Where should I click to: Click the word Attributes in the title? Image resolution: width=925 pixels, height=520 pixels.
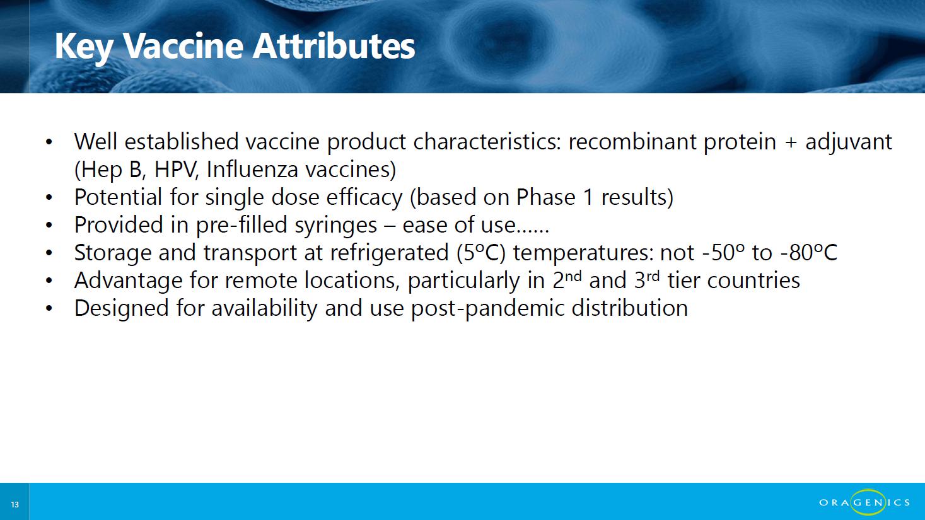334,46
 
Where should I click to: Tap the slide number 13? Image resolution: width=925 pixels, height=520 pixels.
15,504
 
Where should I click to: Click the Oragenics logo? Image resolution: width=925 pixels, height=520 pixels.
864,502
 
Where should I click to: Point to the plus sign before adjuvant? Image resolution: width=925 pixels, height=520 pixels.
791,142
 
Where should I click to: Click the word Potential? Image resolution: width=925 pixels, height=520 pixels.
118,197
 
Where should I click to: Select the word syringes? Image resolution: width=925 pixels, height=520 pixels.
335,226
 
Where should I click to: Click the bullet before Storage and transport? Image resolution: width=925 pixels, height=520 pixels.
49,253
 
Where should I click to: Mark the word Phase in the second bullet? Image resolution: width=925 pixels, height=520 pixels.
545,197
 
